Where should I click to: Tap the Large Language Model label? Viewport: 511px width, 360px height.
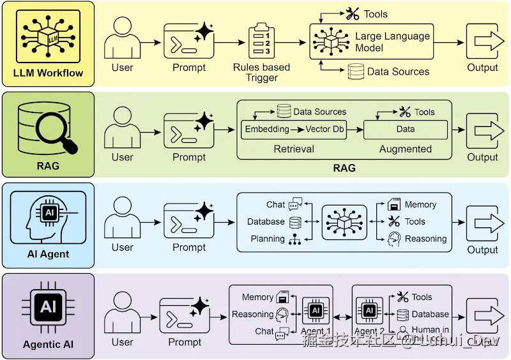coord(392,42)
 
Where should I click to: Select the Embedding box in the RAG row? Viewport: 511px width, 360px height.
coord(267,129)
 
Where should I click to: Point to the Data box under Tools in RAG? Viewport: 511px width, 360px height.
coord(405,129)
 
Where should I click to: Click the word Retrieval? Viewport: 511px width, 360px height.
coord(294,149)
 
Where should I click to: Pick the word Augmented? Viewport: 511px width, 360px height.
coord(405,149)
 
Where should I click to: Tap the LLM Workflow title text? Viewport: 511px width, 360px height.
coord(48,73)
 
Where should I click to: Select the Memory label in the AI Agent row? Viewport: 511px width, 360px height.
coord(420,205)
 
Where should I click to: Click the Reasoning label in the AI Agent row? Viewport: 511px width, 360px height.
coord(425,239)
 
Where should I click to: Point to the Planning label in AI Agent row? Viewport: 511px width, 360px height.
coord(268,239)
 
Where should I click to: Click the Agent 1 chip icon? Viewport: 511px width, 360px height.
coord(315,311)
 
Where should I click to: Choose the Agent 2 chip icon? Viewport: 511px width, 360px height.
coord(369,311)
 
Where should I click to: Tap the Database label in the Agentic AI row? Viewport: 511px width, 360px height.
coord(430,314)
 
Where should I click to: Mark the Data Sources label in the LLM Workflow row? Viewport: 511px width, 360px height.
coord(398,71)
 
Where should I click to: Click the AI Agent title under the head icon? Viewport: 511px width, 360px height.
coord(48,254)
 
